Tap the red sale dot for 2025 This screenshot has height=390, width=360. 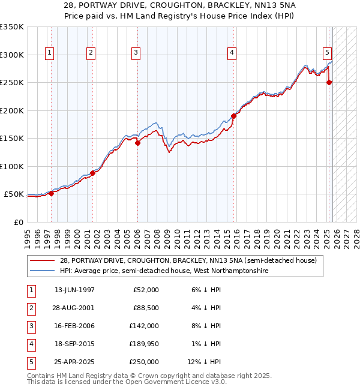(x=329, y=83)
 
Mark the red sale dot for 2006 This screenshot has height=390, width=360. (x=137, y=143)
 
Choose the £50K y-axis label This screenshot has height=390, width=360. (x=14, y=194)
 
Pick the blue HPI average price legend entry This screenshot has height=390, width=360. (x=164, y=271)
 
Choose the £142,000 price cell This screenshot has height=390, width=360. (x=143, y=326)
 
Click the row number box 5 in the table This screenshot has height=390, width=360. (x=30, y=362)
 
